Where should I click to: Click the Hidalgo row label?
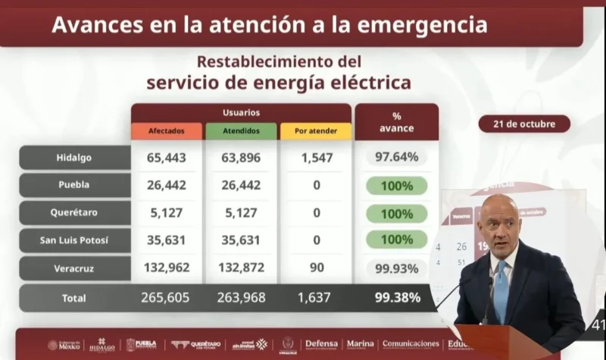point(74,158)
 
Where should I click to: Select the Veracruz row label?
point(74,268)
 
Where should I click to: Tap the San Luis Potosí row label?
point(74,241)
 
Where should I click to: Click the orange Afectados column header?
point(166,131)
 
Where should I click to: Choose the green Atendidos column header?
point(241,131)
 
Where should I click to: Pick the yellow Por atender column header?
point(316,131)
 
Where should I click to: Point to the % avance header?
point(396,122)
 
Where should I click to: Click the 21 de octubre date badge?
point(524,124)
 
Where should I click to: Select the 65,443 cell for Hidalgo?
point(166,158)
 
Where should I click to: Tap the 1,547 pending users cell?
point(316,158)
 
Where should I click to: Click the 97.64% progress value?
point(396,158)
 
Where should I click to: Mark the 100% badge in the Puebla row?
point(396,186)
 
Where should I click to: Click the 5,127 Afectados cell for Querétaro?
point(166,214)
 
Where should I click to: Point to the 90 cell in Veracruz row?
point(316,268)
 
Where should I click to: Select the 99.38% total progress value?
point(396,298)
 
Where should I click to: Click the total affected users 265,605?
point(166,298)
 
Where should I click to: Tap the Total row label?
point(74,298)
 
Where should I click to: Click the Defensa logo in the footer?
point(321,344)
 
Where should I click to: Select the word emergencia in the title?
point(411,25)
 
